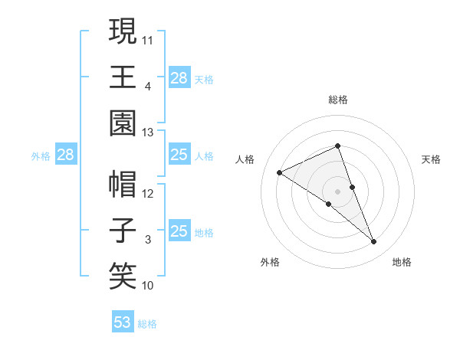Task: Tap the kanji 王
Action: [123, 76]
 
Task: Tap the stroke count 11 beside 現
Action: [148, 38]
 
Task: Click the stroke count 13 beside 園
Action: [148, 133]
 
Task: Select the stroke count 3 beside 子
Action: [148, 240]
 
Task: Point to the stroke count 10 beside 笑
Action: [148, 286]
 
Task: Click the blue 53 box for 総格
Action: [123, 322]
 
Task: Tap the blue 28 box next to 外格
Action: [66, 155]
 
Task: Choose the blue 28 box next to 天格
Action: [179, 77]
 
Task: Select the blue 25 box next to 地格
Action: [179, 231]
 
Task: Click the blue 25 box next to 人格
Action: [179, 155]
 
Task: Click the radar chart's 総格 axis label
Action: [338, 100]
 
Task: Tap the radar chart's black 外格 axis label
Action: [270, 262]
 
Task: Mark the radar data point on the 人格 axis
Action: [280, 172]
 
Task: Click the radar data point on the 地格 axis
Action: [374, 242]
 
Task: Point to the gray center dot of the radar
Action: [338, 191]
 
